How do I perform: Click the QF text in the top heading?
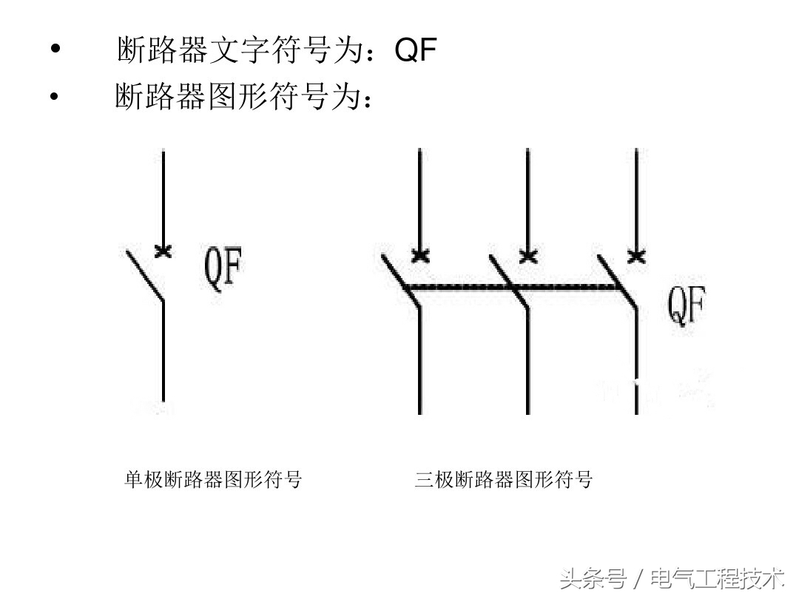[x=417, y=50]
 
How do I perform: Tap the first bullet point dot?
[x=54, y=50]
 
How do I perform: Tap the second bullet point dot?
[x=54, y=96]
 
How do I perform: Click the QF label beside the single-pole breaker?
[x=223, y=270]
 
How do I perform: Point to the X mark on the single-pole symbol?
[x=163, y=251]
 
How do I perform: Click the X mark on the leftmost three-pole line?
[x=419, y=256]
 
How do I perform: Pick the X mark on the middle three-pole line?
[x=527, y=256]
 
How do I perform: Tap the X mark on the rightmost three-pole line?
[x=636, y=256]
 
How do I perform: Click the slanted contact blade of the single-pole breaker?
[x=145, y=276]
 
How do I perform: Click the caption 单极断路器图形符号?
[x=213, y=479]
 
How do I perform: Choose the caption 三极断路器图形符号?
[x=504, y=479]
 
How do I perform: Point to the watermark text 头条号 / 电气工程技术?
[x=672, y=578]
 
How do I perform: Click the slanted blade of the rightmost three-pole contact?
[x=618, y=282]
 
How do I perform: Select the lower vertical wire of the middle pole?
[x=527, y=362]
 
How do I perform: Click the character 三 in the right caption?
[x=423, y=479]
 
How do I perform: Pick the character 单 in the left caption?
[x=132, y=479]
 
